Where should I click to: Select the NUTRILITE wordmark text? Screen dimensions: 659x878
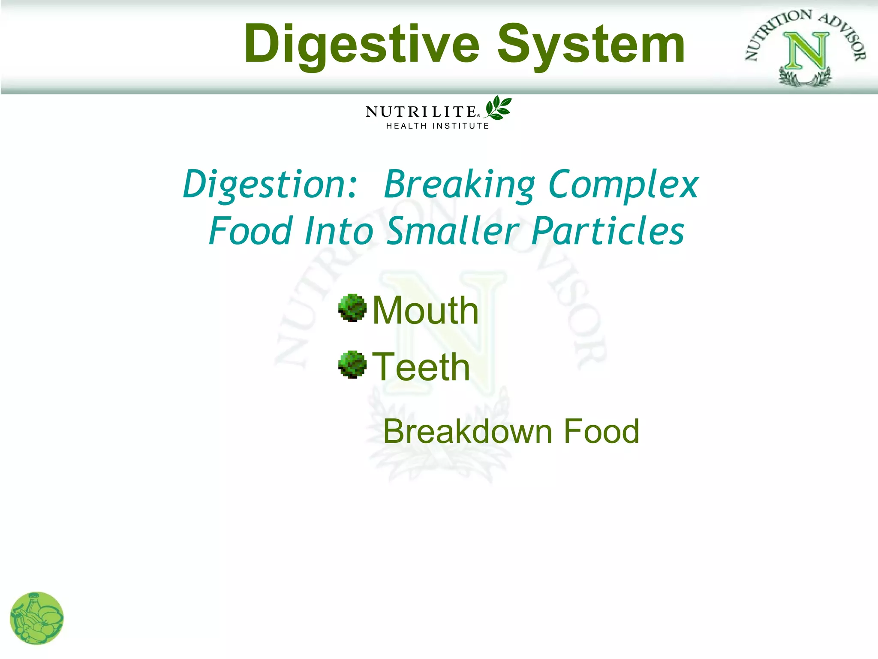421,112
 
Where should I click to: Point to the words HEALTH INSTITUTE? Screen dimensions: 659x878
437,126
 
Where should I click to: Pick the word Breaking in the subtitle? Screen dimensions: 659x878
459,184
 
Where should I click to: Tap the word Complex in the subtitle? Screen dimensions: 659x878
624,184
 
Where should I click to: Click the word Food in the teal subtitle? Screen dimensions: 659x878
251,231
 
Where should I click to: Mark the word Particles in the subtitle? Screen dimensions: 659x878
607,231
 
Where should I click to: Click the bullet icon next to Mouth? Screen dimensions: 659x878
352,308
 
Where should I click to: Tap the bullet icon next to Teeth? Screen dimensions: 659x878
352,365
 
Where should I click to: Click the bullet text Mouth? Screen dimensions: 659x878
425,310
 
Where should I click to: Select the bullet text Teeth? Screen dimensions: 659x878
421,367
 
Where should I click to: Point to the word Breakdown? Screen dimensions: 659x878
468,431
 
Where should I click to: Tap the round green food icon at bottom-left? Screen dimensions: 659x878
37,618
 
